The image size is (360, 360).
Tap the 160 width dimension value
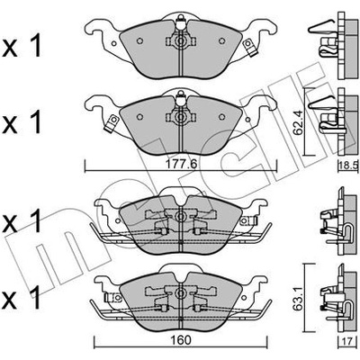point(181,340)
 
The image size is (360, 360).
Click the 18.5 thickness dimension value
point(349,165)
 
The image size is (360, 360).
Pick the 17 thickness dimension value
point(346,341)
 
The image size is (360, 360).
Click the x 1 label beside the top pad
point(22,48)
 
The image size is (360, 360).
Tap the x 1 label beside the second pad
point(22,123)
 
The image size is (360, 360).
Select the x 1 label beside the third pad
point(22,222)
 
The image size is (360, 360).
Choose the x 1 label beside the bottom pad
point(22,299)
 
